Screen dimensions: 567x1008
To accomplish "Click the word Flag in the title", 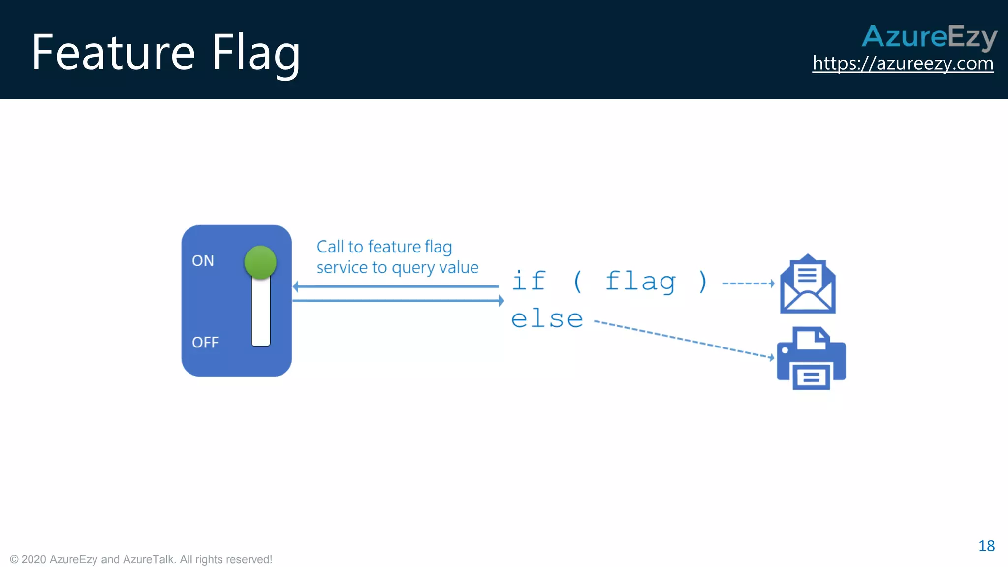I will click(x=255, y=53).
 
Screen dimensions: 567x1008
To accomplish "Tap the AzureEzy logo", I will click(x=929, y=36).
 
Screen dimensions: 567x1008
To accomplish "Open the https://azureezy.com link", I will click(x=903, y=63).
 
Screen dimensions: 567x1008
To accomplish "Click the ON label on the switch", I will click(x=203, y=260).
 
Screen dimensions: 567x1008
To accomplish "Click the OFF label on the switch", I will click(x=205, y=342).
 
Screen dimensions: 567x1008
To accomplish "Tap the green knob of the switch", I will click(x=260, y=262).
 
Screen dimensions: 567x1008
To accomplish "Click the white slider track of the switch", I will click(x=260, y=315).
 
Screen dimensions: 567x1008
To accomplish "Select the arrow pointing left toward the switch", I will click(x=394, y=286).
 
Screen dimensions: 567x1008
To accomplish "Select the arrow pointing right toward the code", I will click(x=399, y=300).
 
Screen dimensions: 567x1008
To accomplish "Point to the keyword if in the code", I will click(x=529, y=281).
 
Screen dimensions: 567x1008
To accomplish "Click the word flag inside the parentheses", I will click(x=640, y=282).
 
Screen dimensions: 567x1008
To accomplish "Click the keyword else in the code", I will click(x=547, y=319).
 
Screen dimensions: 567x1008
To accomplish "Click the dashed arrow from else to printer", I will click(x=684, y=340).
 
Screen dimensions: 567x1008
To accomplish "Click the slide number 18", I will click(x=986, y=546).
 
